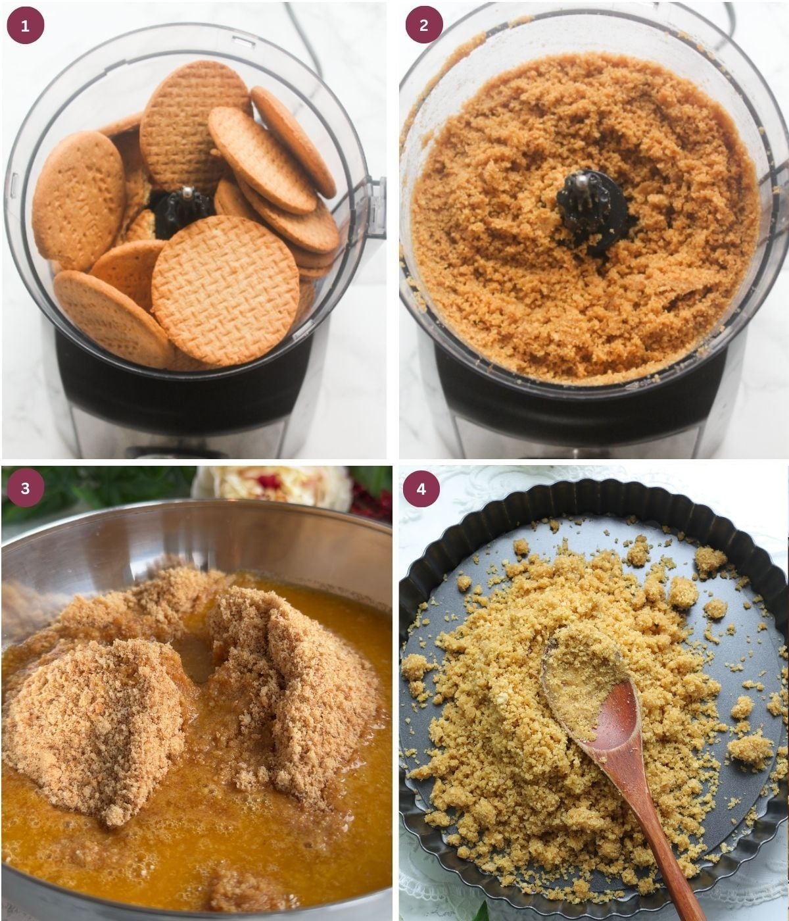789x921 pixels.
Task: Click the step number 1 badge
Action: click(x=26, y=26)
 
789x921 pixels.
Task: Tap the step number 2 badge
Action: click(x=423, y=25)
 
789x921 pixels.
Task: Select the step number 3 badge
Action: click(x=26, y=488)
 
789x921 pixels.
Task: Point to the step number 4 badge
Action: click(x=421, y=489)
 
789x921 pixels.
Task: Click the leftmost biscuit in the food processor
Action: click(x=79, y=201)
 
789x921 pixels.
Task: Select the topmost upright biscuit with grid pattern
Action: click(x=195, y=126)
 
